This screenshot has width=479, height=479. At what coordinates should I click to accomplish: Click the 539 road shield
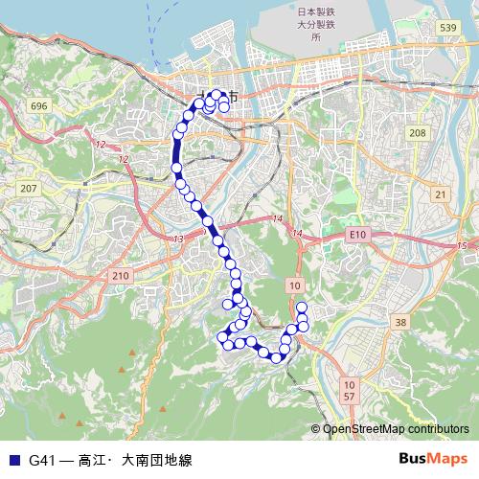[x=447, y=30]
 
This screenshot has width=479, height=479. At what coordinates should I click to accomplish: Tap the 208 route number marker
[x=417, y=133]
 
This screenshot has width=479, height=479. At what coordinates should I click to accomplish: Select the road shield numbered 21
[x=440, y=194]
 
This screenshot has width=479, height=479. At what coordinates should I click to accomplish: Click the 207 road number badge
[x=30, y=188]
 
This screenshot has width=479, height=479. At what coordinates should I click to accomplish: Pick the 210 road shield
[x=120, y=276]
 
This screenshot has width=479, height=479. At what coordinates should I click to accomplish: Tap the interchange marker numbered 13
[x=178, y=238]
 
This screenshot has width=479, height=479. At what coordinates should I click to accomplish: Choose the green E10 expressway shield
[x=358, y=234]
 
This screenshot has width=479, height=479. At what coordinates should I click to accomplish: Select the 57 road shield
[x=349, y=396]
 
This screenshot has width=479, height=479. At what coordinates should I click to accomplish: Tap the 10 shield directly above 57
[x=349, y=383]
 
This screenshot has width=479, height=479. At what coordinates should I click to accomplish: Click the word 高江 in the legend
[x=94, y=460]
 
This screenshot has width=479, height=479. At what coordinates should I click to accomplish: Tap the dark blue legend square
[x=13, y=460]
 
